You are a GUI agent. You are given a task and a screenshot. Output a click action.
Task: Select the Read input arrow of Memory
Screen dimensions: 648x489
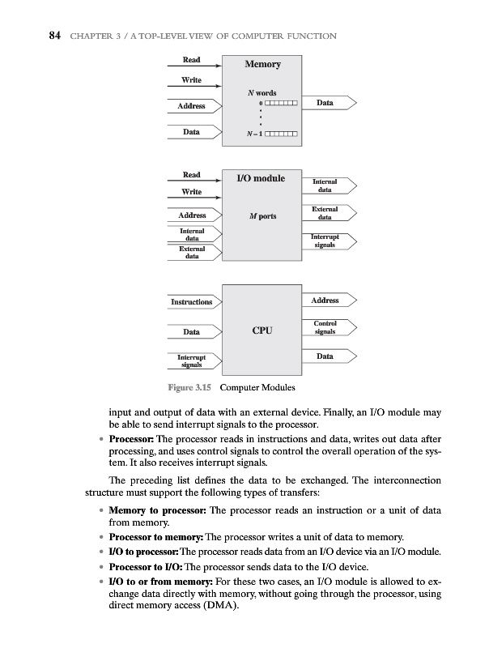[x=192, y=60]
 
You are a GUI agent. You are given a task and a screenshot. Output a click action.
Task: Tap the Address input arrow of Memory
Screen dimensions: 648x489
[x=192, y=106]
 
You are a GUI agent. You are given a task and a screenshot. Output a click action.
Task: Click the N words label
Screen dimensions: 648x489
[x=262, y=92]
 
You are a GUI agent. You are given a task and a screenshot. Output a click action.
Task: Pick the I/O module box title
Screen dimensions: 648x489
[x=260, y=177]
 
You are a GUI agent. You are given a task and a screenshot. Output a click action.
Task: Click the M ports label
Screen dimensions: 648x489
[x=262, y=216]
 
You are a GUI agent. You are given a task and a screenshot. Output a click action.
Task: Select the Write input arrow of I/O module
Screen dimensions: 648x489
[x=192, y=192]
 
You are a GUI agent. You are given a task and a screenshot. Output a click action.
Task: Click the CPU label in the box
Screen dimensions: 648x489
[x=262, y=330]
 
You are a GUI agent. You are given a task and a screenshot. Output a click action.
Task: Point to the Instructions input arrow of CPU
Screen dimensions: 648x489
[x=192, y=302]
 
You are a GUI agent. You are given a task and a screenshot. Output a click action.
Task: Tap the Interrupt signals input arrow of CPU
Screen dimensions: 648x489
[x=192, y=360]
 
